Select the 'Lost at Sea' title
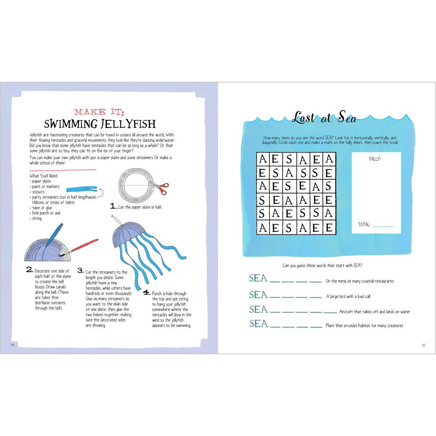(x=324, y=118)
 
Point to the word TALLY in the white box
(x=375, y=159)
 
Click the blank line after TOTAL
(x=383, y=226)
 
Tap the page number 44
(x=12, y=345)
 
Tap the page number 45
(x=423, y=345)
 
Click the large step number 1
(x=113, y=206)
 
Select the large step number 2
(x=29, y=270)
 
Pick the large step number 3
(x=80, y=271)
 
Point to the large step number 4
(x=146, y=292)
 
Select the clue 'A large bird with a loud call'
(x=348, y=296)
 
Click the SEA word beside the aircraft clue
(x=258, y=310)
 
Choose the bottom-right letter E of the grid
(x=328, y=228)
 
